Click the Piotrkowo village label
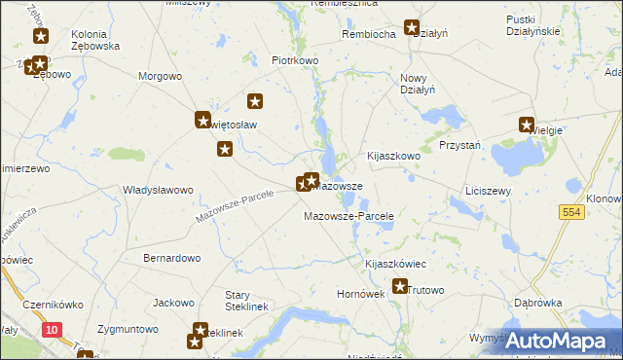(x=296, y=60)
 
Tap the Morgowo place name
(x=161, y=76)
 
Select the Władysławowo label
(x=159, y=190)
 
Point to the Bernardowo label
(x=171, y=258)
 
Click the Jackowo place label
(x=174, y=303)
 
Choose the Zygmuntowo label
(x=128, y=329)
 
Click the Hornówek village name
(x=360, y=291)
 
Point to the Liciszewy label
(x=489, y=191)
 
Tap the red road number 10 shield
(x=52, y=332)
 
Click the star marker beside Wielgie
(x=527, y=125)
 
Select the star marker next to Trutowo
(x=399, y=286)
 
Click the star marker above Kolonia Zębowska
(x=40, y=37)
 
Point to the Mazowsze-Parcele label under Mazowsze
(x=348, y=215)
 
